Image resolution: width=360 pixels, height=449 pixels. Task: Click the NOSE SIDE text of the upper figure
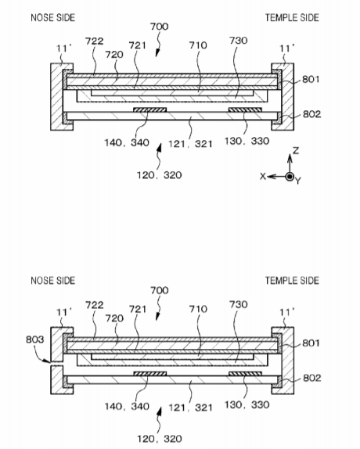pyautogui.click(x=53, y=18)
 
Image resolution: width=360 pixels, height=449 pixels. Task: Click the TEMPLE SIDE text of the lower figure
pyautogui.click(x=292, y=281)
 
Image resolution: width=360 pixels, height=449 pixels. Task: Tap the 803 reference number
pyautogui.click(x=35, y=339)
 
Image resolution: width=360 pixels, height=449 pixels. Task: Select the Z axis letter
pyautogui.click(x=296, y=151)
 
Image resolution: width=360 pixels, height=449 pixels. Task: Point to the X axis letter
pyautogui.click(x=263, y=177)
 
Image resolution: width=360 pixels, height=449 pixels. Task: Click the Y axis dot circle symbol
pyautogui.click(x=290, y=177)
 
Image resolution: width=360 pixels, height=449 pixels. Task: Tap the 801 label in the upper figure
pyautogui.click(x=311, y=79)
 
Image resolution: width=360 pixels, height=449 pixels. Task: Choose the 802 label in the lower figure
pyautogui.click(x=312, y=378)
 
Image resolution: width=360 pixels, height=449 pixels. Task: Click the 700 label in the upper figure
pyautogui.click(x=159, y=27)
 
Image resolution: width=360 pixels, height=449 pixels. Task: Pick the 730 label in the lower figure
pyautogui.click(x=238, y=304)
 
